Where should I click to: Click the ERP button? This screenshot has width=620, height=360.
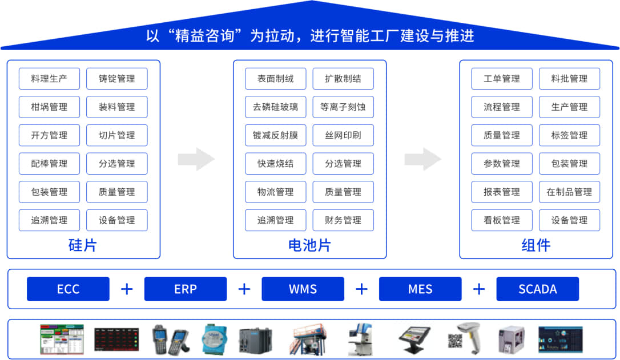click(x=185, y=289)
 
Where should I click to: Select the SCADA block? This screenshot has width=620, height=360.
click(x=537, y=289)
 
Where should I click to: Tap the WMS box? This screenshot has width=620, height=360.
click(x=303, y=289)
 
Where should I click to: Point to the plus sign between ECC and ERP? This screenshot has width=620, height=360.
click(x=127, y=289)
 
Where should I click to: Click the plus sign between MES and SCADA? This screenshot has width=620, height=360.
click(x=479, y=289)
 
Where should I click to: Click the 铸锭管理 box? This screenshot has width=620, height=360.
click(x=116, y=79)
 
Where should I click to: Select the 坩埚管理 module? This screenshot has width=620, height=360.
click(x=49, y=107)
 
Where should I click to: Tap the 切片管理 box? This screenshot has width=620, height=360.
click(x=116, y=135)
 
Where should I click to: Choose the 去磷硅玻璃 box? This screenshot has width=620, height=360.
click(x=275, y=107)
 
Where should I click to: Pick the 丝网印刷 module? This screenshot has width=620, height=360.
click(x=343, y=135)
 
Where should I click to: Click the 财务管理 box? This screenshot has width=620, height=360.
click(x=343, y=220)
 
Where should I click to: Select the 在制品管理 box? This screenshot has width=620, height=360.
click(x=569, y=192)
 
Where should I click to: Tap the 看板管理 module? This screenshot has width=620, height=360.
click(x=502, y=220)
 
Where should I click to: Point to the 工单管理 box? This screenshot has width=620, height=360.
click(x=502, y=79)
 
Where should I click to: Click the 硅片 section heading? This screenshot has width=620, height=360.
click(x=83, y=245)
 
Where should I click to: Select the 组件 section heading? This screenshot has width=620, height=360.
click(x=536, y=245)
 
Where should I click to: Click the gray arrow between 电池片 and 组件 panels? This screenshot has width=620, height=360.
click(x=423, y=159)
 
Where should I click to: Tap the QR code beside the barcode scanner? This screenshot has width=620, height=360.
click(x=454, y=341)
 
